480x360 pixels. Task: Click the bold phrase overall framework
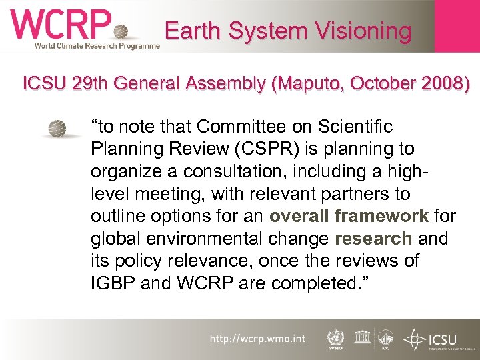click(349, 216)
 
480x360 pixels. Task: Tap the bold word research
click(373, 239)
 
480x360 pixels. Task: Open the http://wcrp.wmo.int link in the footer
click(257, 339)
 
